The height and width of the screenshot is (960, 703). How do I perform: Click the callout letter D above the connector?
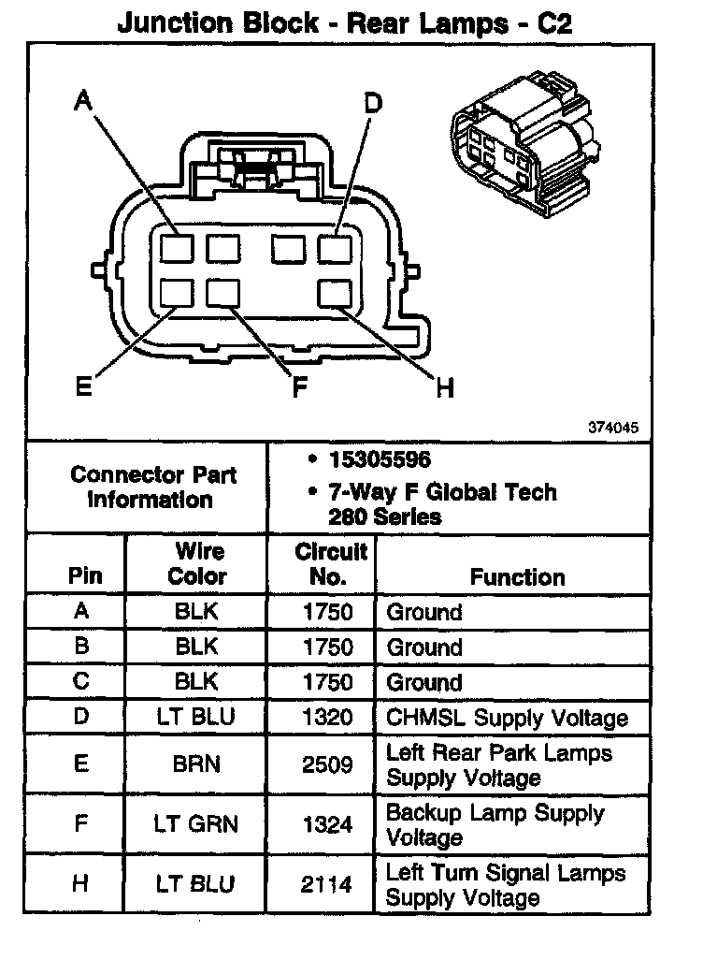tap(373, 103)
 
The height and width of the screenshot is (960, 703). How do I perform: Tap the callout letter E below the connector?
tap(84, 385)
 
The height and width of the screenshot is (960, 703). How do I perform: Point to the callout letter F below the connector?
tap(299, 387)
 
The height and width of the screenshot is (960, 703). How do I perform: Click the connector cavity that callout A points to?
tap(176, 248)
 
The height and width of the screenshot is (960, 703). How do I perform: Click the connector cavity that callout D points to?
tap(334, 248)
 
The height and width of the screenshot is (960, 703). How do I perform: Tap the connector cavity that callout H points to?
tap(334, 294)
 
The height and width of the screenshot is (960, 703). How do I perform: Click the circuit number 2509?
tap(328, 764)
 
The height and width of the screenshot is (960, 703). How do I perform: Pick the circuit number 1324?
tap(328, 824)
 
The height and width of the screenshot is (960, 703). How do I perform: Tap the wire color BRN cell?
tap(196, 764)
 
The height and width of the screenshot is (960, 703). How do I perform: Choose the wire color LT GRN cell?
tap(196, 824)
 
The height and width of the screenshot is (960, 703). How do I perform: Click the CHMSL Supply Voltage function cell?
tap(508, 718)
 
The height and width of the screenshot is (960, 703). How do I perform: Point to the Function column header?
tap(517, 577)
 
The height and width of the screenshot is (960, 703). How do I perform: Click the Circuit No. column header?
tap(331, 564)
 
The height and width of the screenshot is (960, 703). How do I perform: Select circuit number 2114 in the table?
tap(328, 884)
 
